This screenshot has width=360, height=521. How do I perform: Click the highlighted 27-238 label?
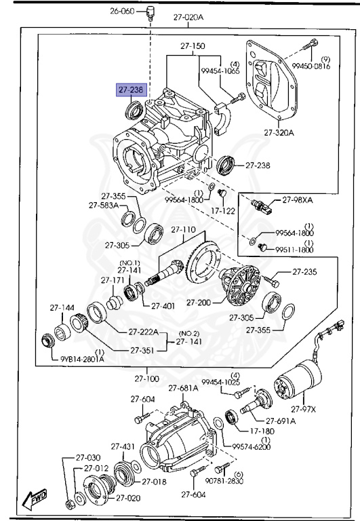(x=131, y=90)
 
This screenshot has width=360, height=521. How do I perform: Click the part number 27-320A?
(x=279, y=133)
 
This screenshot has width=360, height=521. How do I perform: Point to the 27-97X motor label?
(x=303, y=409)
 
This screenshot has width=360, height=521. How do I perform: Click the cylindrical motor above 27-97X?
(x=298, y=381)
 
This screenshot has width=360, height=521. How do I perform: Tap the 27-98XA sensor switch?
(x=262, y=206)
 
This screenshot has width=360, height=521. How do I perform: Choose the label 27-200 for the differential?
(x=199, y=303)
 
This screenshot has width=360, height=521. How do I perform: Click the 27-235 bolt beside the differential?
(x=272, y=281)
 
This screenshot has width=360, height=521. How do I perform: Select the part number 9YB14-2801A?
(x=82, y=359)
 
